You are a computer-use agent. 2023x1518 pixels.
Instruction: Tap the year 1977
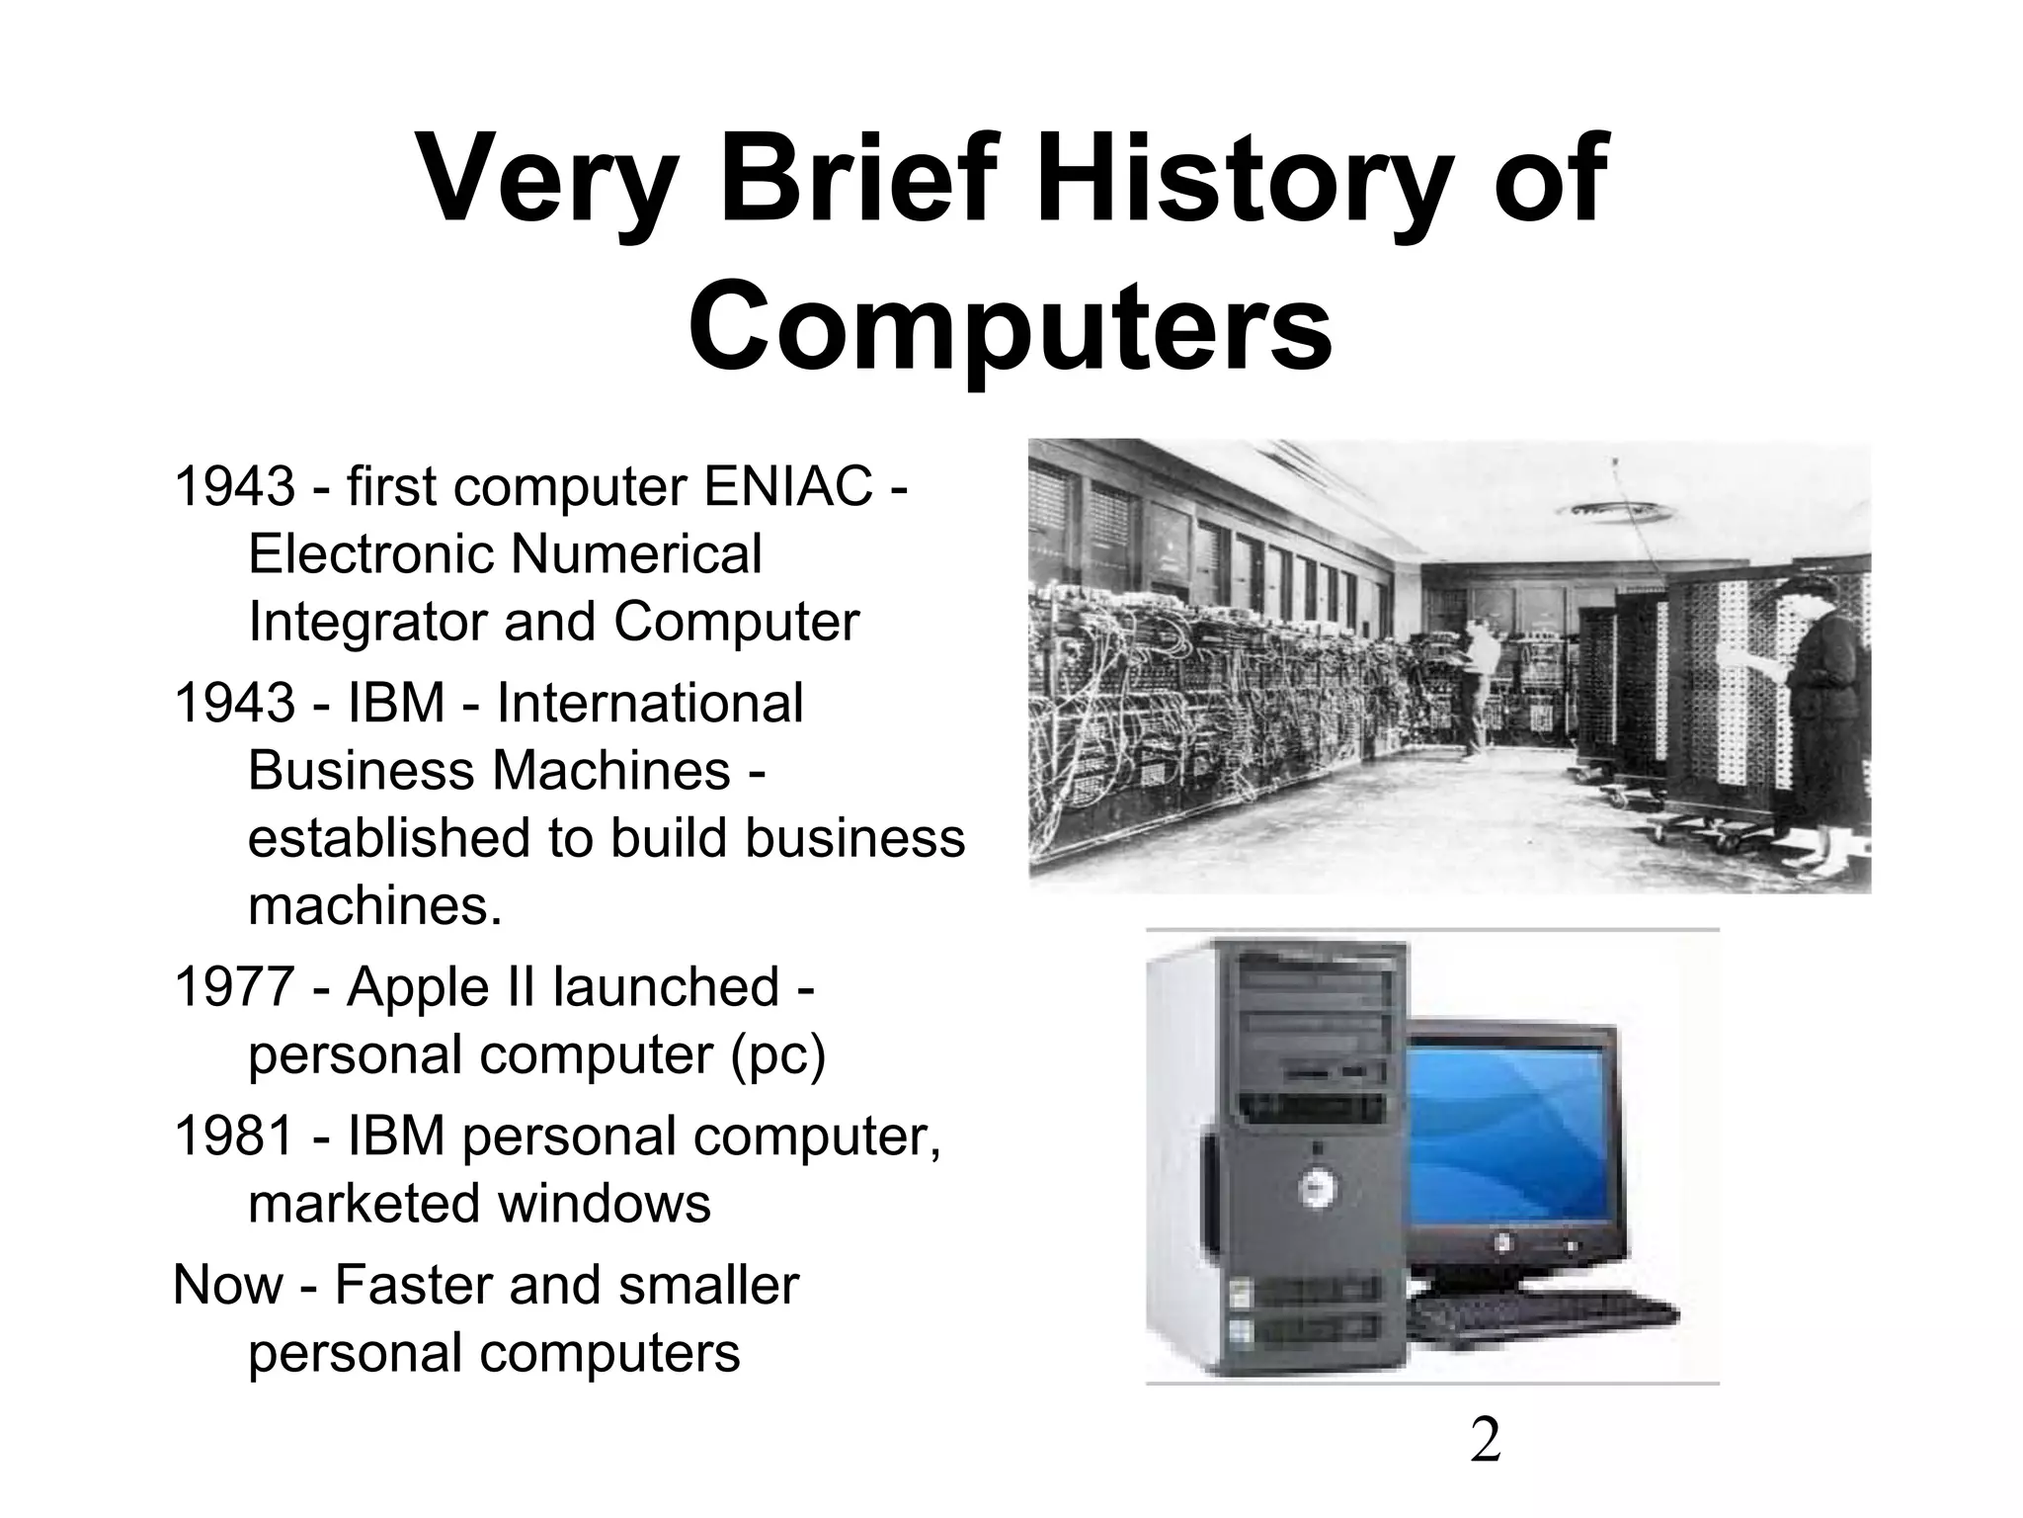[x=233, y=986]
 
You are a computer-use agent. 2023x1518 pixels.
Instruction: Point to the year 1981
[x=233, y=1136]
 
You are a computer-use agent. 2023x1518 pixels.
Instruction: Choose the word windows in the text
[x=604, y=1203]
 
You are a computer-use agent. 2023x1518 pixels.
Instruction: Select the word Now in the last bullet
[x=227, y=1285]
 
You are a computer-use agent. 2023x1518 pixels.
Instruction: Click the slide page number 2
[x=1485, y=1440]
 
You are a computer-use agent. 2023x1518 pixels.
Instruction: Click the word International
[x=649, y=703]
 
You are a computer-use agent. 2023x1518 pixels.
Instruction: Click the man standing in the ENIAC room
[x=1482, y=682]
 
